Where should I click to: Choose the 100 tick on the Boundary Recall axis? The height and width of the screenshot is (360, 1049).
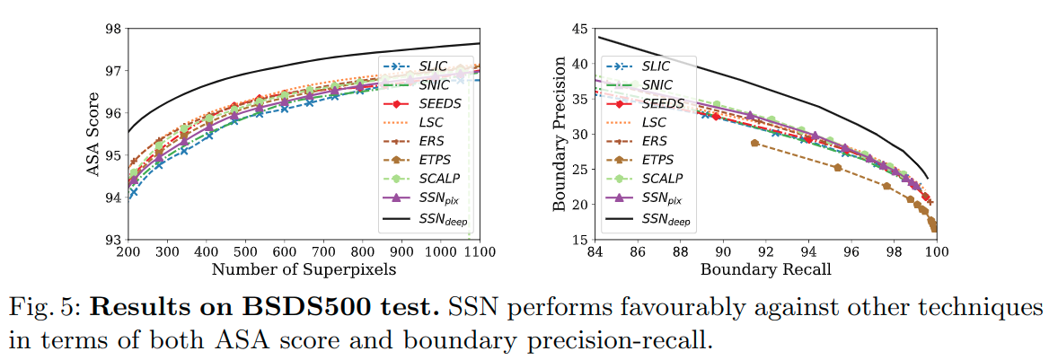(937, 253)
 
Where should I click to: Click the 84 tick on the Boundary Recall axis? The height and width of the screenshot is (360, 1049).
(594, 253)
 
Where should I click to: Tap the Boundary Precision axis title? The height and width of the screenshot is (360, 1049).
(560, 135)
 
